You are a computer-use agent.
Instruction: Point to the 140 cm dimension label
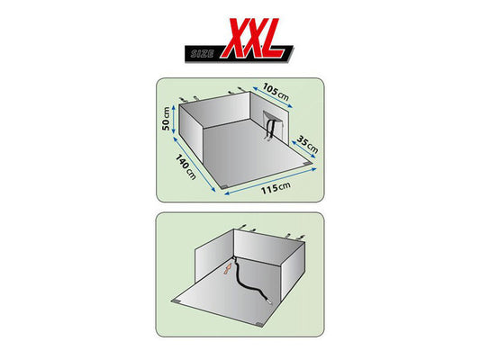click(187, 166)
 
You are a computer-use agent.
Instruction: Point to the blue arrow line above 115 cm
click(269, 176)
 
